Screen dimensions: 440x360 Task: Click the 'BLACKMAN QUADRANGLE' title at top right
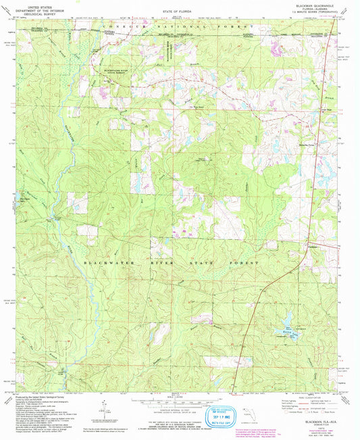[315, 4]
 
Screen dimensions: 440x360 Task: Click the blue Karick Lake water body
[277, 331]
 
